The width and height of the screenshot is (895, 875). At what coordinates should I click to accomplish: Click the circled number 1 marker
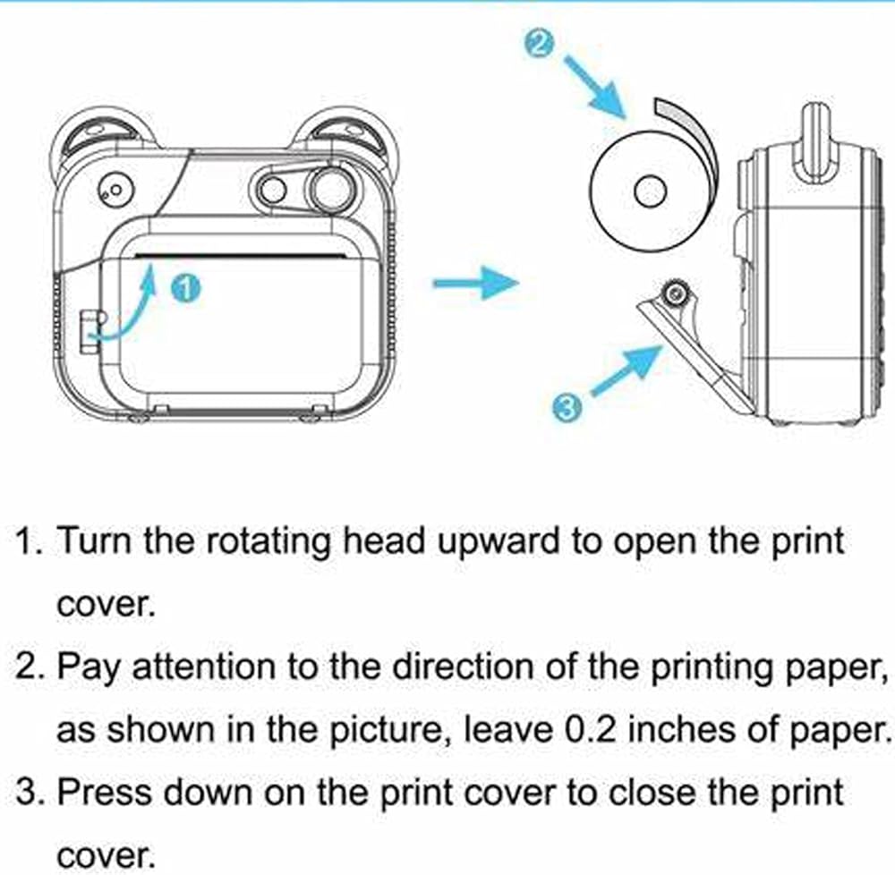186,287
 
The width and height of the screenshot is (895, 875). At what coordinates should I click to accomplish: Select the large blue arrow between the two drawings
476,283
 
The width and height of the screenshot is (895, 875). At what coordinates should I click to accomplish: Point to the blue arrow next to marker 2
595,87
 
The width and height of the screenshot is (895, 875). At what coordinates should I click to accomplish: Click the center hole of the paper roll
650,191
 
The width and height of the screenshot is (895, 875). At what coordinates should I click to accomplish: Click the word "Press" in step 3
106,793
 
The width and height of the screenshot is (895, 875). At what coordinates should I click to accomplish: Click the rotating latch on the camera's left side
90,332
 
